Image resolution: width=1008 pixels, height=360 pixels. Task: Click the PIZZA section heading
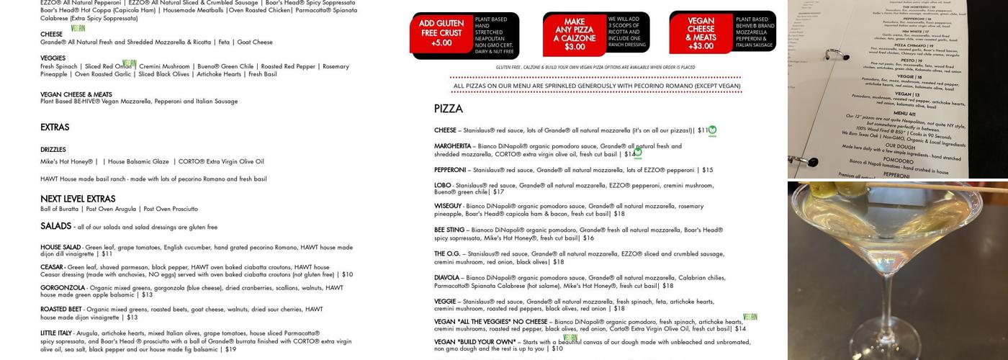pyautogui.click(x=448, y=109)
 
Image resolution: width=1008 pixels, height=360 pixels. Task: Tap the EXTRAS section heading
pyautogui.click(x=55, y=127)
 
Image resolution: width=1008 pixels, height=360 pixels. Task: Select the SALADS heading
pyautogui.click(x=55, y=226)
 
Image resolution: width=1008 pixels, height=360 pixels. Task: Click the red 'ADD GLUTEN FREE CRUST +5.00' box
pyautogui.click(x=441, y=33)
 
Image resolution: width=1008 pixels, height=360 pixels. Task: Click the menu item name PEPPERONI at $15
pyautogui.click(x=450, y=170)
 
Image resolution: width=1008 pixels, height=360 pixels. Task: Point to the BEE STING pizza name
pyautogui.click(x=449, y=230)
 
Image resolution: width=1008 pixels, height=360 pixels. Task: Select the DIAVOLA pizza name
pyautogui.click(x=446, y=278)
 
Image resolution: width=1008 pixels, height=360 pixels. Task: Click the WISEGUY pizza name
pyautogui.click(x=448, y=206)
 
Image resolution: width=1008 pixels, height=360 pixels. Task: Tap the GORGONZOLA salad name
pyautogui.click(x=63, y=288)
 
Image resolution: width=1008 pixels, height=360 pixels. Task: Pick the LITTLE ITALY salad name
pyautogui.click(x=56, y=333)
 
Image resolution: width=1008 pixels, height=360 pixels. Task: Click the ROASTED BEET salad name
pyautogui.click(x=61, y=310)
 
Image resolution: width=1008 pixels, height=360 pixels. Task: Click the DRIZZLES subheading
pyautogui.click(x=53, y=150)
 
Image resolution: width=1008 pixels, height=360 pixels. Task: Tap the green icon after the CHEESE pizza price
pyautogui.click(x=712, y=131)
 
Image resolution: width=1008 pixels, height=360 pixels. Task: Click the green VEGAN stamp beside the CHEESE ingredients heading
pyautogui.click(x=78, y=29)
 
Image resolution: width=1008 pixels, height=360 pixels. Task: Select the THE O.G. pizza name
pyautogui.click(x=447, y=254)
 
